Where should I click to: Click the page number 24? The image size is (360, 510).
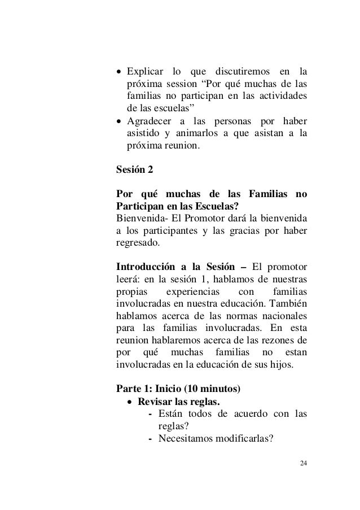click(x=304, y=464)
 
